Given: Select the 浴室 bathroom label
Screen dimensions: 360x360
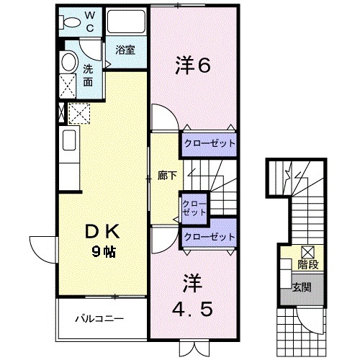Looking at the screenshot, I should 125,50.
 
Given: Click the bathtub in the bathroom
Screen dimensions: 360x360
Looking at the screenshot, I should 125,22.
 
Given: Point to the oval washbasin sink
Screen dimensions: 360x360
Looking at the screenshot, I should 70,63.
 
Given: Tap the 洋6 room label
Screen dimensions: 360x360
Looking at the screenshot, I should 192,67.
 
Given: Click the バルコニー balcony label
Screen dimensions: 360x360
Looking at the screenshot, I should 101,318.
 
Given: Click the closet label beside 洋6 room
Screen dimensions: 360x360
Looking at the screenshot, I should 210,143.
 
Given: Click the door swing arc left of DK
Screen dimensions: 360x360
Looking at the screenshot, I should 40,248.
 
